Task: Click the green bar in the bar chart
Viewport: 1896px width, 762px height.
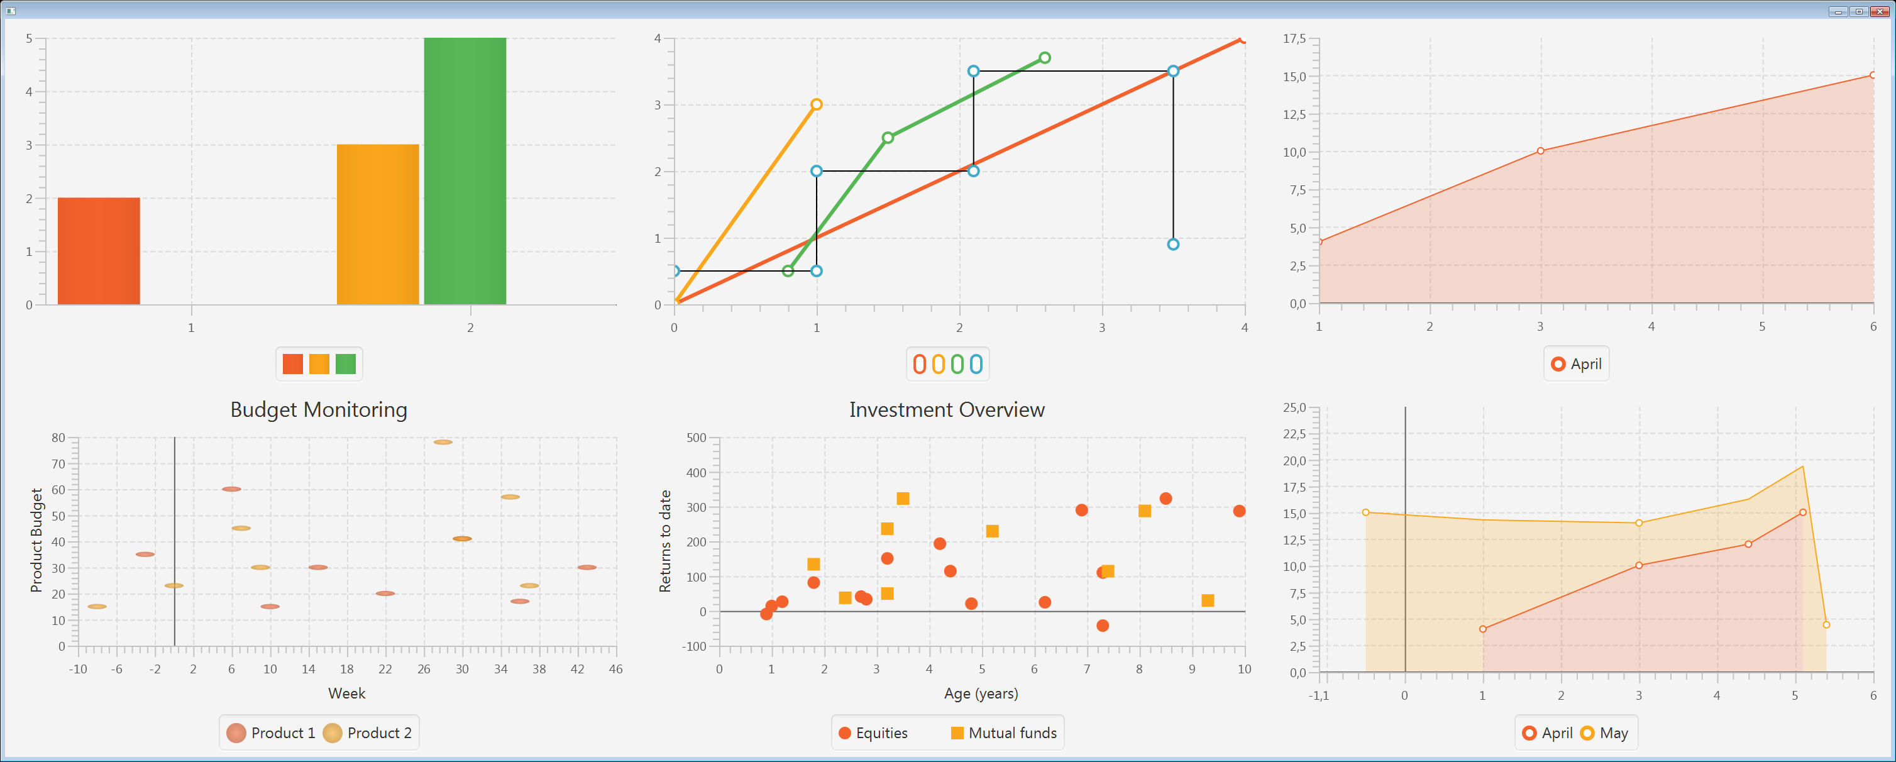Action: pos(465,171)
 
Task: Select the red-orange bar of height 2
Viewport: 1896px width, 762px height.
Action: pos(99,251)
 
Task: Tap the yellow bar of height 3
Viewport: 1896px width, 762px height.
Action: pos(378,224)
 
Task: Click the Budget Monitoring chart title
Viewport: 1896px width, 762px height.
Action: pos(319,410)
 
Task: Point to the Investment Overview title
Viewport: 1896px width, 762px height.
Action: pos(947,410)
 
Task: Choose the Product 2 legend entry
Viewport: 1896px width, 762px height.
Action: pos(368,732)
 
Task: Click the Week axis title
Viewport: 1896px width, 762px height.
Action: pos(346,693)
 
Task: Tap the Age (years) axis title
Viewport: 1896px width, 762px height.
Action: pos(981,693)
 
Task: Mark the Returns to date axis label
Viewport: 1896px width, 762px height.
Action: pos(665,541)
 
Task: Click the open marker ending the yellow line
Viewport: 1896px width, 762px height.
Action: pos(816,104)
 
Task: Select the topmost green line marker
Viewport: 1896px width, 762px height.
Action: pos(1044,57)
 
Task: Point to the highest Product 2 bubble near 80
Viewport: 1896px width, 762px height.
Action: pos(443,442)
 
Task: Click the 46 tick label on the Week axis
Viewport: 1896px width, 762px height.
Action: pos(616,669)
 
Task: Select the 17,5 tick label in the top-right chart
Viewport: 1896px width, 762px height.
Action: pos(1294,38)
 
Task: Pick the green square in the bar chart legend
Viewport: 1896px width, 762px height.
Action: pos(345,363)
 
